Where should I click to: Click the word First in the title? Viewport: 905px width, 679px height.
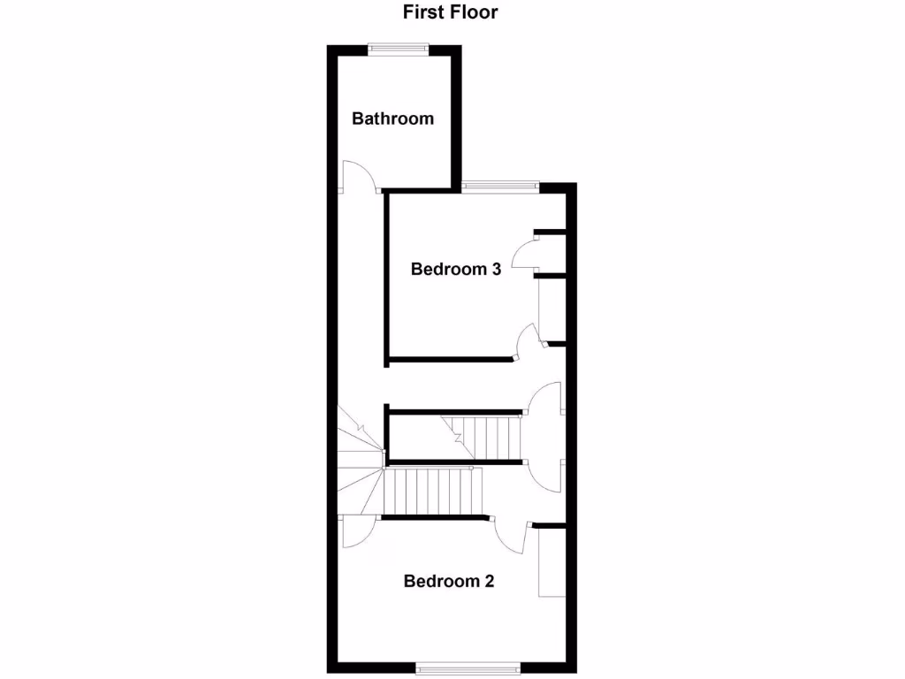coord(422,12)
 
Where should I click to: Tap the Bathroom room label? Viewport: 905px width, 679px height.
coord(392,118)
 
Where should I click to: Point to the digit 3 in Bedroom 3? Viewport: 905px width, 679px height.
coord(496,270)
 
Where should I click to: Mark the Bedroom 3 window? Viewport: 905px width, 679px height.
coord(500,186)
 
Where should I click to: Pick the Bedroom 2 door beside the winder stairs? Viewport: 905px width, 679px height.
coord(359,534)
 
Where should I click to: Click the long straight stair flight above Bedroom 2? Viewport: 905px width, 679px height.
coord(435,492)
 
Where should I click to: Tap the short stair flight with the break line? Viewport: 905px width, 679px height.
coord(487,437)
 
